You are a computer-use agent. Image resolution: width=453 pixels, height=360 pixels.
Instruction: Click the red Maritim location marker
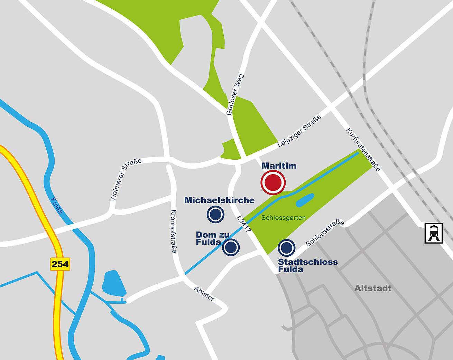click(x=273, y=182)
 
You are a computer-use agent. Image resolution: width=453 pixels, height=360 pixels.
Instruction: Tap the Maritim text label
click(x=279, y=166)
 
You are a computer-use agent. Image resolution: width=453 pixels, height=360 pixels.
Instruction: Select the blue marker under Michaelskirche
click(x=215, y=214)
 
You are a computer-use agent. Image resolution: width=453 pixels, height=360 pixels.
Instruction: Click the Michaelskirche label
click(x=219, y=200)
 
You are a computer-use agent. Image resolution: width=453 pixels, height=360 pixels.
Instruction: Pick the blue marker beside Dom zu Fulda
click(x=231, y=247)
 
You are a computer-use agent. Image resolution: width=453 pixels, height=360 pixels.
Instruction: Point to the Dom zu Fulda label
click(x=212, y=238)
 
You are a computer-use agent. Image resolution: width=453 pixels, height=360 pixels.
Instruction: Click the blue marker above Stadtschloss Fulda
click(x=286, y=247)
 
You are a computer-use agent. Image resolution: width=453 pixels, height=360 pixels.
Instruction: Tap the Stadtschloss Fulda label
click(x=307, y=265)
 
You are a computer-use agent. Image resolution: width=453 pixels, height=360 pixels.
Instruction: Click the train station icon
click(x=434, y=233)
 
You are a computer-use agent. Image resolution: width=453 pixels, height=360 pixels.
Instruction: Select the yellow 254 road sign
click(x=60, y=264)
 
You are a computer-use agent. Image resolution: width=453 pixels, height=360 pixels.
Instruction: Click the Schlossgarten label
click(x=283, y=218)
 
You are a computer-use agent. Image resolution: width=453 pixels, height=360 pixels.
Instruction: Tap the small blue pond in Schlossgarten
click(x=305, y=200)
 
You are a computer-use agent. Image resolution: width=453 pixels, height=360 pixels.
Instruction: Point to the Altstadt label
click(x=373, y=288)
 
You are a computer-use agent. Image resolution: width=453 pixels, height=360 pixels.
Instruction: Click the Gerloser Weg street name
click(x=235, y=94)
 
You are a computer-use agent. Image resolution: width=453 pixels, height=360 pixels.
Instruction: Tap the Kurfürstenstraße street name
click(x=363, y=150)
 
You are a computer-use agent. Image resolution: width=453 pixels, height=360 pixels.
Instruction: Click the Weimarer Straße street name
click(x=126, y=179)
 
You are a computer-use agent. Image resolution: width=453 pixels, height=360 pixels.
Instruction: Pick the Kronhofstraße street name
click(x=174, y=231)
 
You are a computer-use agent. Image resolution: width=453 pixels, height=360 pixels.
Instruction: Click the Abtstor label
click(x=204, y=293)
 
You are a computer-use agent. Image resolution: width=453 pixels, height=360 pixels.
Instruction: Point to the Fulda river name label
click(x=56, y=206)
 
